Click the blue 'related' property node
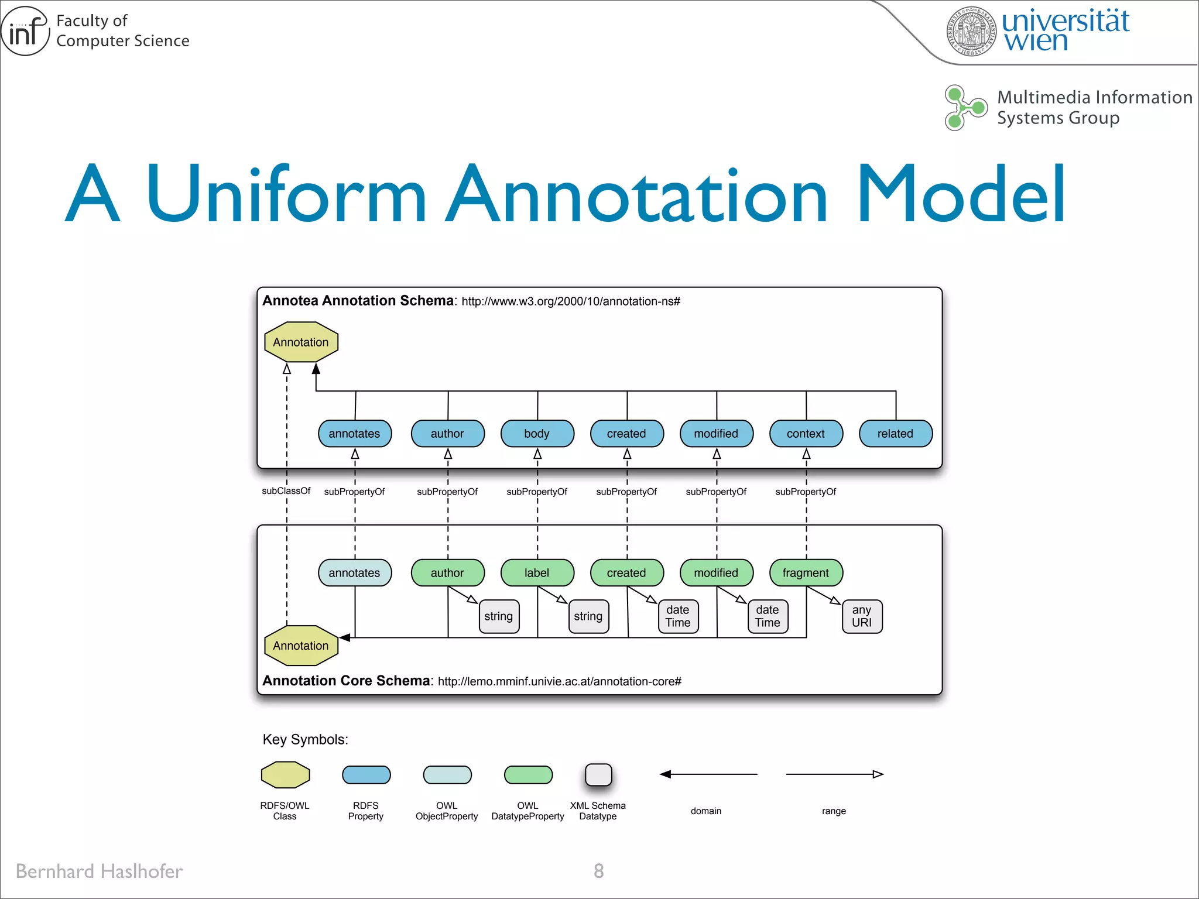(x=895, y=434)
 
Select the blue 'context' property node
(x=806, y=434)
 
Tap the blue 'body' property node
(x=537, y=434)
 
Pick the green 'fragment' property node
(x=806, y=573)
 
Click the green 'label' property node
(x=537, y=573)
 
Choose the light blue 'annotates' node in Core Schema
(x=354, y=573)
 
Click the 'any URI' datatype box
(x=862, y=616)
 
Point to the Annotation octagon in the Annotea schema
(x=301, y=342)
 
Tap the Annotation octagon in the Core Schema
(x=301, y=646)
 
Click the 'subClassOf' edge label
(x=286, y=491)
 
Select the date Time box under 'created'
(x=678, y=616)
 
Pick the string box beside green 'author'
(x=499, y=616)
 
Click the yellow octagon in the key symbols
(x=285, y=775)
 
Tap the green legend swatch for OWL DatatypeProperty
(x=528, y=775)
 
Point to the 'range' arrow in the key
(x=834, y=774)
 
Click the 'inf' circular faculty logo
(x=25, y=31)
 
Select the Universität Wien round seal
(x=971, y=31)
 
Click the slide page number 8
(x=598, y=871)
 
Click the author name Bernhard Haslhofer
(x=100, y=871)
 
